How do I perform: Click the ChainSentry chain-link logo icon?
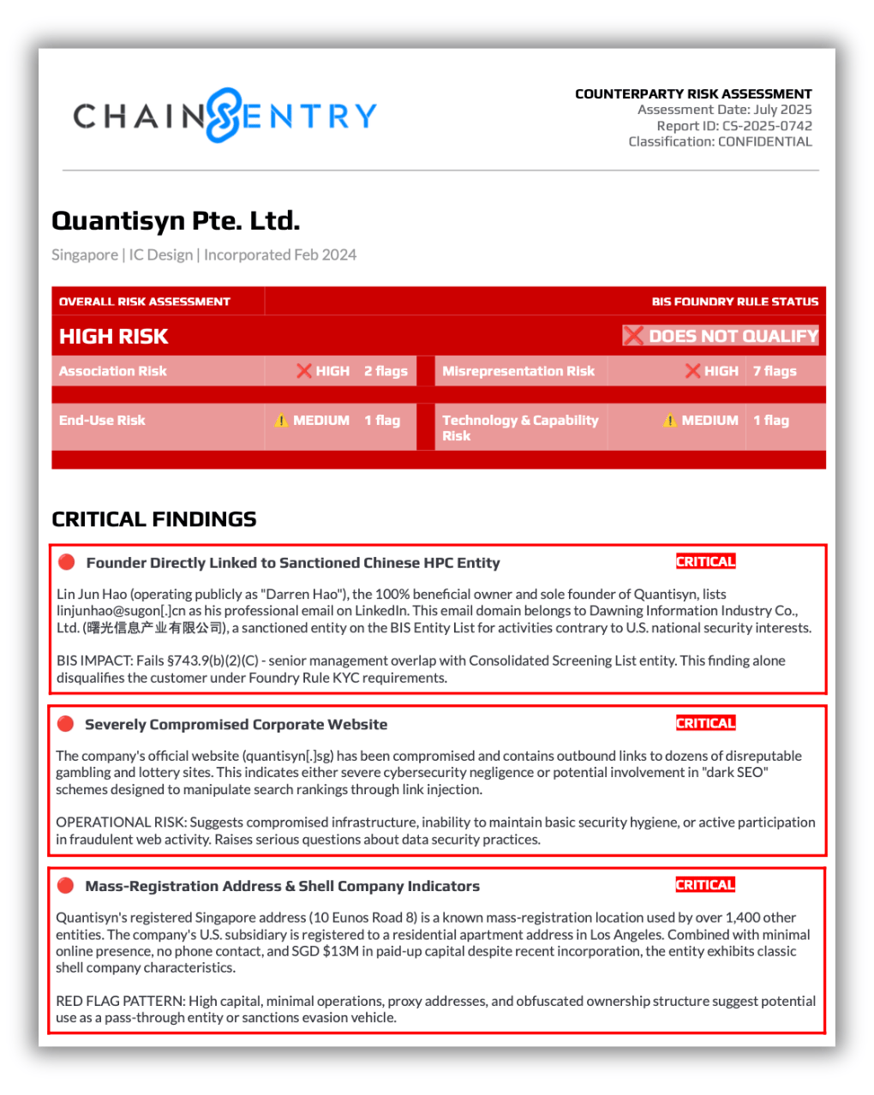pyautogui.click(x=224, y=115)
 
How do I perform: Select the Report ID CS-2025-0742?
pyautogui.click(x=767, y=126)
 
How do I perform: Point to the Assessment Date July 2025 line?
pyautogui.click(x=724, y=110)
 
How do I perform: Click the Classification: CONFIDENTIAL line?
pyautogui.click(x=720, y=142)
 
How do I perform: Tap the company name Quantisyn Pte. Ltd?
pyautogui.click(x=176, y=221)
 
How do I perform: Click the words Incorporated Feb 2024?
pyautogui.click(x=280, y=254)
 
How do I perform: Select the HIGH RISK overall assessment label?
pyautogui.click(x=114, y=337)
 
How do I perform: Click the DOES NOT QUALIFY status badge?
pyautogui.click(x=721, y=336)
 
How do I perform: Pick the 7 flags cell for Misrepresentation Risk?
pyautogui.click(x=775, y=371)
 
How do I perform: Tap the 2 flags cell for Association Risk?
pyautogui.click(x=386, y=371)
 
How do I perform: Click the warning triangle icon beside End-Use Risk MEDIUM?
pyautogui.click(x=281, y=421)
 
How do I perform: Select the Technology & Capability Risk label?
pyautogui.click(x=519, y=428)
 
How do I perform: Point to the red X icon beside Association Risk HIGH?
pyautogui.click(x=303, y=371)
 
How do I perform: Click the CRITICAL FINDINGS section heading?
pyautogui.click(x=154, y=519)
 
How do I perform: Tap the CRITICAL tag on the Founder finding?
pyautogui.click(x=705, y=562)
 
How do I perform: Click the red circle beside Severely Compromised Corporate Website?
pyautogui.click(x=65, y=724)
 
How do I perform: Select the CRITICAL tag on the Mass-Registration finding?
pyautogui.click(x=705, y=885)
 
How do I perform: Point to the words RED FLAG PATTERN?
pyautogui.click(x=120, y=1001)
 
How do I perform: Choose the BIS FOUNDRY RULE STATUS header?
pyautogui.click(x=734, y=302)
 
